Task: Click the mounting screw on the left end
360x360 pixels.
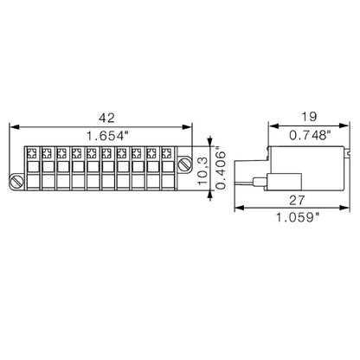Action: pyautogui.click(x=17, y=181)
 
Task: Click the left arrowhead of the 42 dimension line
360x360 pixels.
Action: pyautogui.click(x=12, y=126)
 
